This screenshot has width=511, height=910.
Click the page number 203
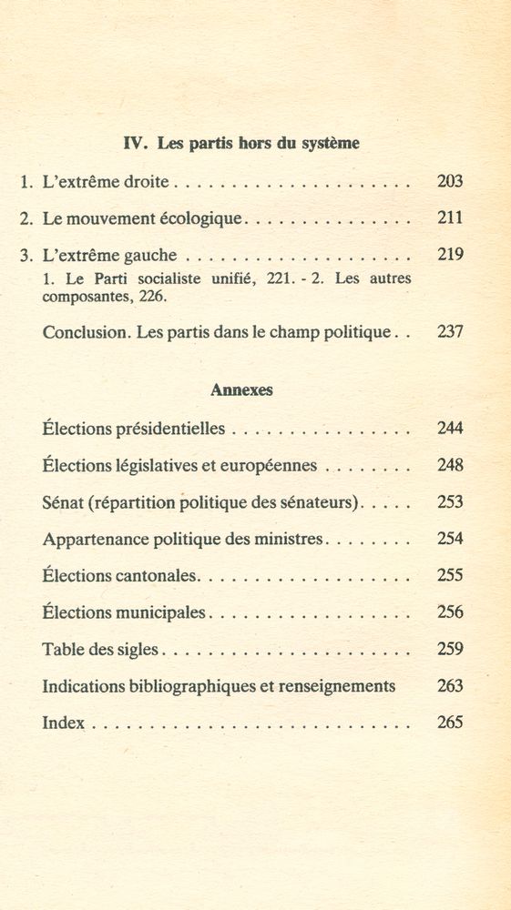[x=450, y=181]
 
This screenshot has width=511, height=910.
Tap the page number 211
[x=450, y=218]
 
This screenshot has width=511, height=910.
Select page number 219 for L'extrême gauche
[x=450, y=255]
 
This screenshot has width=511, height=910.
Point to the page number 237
[x=450, y=332]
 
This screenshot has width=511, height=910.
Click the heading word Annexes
[x=242, y=389]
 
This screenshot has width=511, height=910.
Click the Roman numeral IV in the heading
[x=134, y=143]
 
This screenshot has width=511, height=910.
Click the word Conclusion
[x=85, y=332]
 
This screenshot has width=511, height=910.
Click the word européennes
[x=271, y=466]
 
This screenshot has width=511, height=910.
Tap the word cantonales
[x=158, y=576]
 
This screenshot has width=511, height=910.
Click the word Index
[x=63, y=723]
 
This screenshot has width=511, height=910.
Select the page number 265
[x=450, y=723]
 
